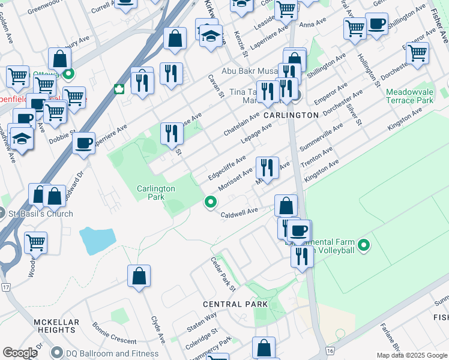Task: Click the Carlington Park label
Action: point(155,192)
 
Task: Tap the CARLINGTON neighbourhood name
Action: point(291,115)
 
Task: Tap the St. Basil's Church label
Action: point(40,214)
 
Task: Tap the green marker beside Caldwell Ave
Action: point(210,203)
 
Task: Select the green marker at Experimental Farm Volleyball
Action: point(363,245)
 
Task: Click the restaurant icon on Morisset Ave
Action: point(267,167)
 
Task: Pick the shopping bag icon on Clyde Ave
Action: point(139,277)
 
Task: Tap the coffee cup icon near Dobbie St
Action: point(83,144)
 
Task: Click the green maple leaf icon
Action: point(119,89)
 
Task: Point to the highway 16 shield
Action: point(330,350)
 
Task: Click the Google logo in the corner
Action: point(20,353)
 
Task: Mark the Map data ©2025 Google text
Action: point(412,355)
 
